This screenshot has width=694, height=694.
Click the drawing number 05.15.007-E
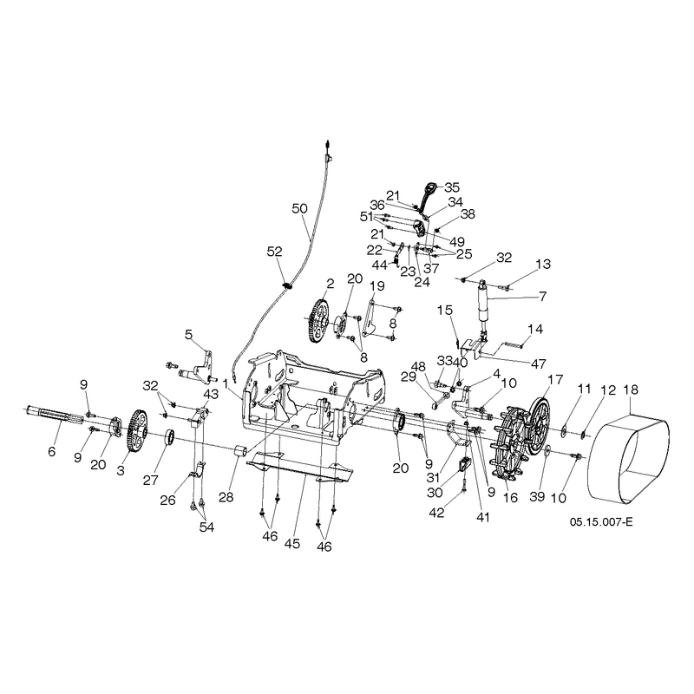(601, 522)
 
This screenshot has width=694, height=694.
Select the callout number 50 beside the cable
(299, 208)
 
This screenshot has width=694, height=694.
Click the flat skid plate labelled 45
(301, 467)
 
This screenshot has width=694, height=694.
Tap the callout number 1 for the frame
(225, 384)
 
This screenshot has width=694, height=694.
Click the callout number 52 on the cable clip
(274, 252)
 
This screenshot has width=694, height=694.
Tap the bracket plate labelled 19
(371, 318)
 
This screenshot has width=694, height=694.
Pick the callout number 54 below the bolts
(206, 527)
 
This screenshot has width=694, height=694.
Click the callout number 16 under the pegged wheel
(510, 497)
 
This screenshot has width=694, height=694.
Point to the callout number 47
(538, 363)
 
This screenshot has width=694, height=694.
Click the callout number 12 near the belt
(608, 390)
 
